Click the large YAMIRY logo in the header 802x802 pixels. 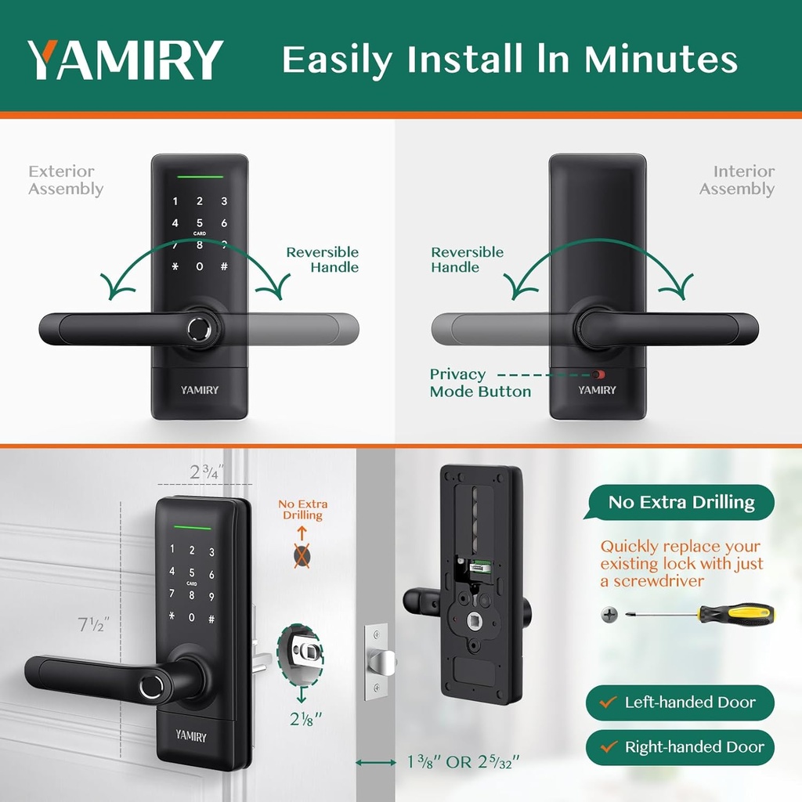(125, 60)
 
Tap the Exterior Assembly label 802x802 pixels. (66, 180)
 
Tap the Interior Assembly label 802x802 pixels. (737, 180)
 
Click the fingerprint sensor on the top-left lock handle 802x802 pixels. (199, 329)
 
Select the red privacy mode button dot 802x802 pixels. (599, 375)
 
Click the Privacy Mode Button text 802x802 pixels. (480, 383)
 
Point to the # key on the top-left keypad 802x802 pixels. (224, 266)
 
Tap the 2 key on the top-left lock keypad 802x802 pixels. (200, 202)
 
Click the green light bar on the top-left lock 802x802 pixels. (199, 175)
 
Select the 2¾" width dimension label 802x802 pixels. (207, 472)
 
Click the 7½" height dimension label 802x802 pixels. (93, 625)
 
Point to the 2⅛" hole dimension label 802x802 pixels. (300, 718)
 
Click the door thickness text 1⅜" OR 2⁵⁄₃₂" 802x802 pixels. (464, 761)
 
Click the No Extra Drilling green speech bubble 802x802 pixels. (681, 502)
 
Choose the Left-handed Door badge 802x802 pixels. (680, 703)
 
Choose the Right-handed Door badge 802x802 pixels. (680, 747)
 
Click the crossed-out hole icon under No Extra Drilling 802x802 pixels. (302, 557)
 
